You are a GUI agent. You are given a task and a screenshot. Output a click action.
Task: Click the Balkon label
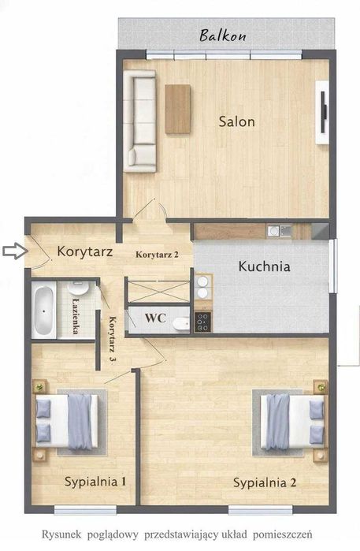click(223, 35)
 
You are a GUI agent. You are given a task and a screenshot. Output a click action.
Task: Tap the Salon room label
click(236, 122)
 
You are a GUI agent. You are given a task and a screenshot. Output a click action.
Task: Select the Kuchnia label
click(264, 266)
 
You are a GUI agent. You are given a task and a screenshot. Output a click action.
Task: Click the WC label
click(154, 319)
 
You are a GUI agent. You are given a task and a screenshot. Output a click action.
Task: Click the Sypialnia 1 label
click(96, 481)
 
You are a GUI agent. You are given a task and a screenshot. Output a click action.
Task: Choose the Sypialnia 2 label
click(264, 482)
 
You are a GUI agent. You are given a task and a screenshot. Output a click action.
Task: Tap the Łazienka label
click(73, 315)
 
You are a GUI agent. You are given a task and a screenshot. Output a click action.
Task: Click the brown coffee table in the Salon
click(177, 110)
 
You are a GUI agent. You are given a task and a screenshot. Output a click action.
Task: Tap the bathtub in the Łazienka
click(43, 311)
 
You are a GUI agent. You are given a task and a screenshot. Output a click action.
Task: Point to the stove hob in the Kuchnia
click(202, 322)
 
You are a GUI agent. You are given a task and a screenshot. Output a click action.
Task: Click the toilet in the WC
click(180, 324)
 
